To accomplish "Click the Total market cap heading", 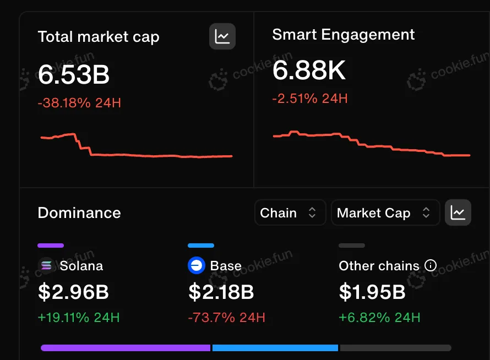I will point(99,37).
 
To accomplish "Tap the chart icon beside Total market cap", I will point(222,37).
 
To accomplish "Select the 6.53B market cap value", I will point(74,74).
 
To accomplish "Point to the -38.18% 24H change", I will point(79,102).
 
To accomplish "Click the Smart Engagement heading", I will point(344,35).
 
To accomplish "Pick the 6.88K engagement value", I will point(309,71).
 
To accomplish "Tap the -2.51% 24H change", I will point(310,99).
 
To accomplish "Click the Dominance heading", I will point(79,213).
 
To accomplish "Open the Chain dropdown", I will point(289,213).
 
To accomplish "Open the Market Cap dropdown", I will point(384,213).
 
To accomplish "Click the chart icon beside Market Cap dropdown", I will point(458,212).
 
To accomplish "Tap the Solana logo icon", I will point(47,266).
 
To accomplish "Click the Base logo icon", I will point(197,266).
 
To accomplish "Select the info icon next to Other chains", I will point(431,266).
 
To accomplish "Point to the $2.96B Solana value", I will point(73,292).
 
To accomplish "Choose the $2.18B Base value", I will point(221,292).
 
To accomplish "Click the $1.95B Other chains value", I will point(372,292).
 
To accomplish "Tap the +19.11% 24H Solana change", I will point(79,318).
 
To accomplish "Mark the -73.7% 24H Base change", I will point(226,318).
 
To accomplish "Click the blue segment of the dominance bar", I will point(275,348).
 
